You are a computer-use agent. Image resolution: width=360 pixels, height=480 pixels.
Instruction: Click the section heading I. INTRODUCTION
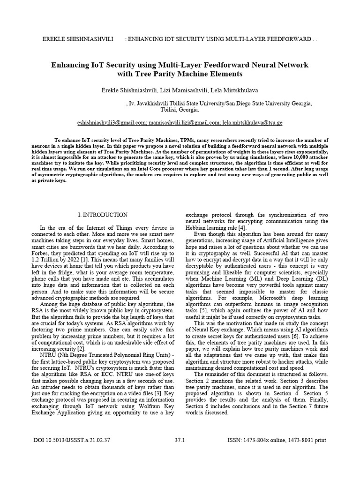pos(102,215)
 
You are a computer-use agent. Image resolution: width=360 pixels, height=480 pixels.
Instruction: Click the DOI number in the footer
pos(72,441)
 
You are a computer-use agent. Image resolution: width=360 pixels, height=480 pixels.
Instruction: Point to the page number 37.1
pos(180,441)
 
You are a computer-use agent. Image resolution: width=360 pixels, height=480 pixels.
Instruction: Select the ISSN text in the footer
pos(276,441)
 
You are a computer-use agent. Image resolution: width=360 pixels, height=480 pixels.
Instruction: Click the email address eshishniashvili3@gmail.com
pos(112,123)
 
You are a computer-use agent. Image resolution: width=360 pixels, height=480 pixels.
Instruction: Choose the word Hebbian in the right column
pos(199,227)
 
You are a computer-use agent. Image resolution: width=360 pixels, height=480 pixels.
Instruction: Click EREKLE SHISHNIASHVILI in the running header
pos(77,38)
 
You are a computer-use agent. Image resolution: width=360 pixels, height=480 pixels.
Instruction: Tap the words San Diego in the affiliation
pos(242,103)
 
